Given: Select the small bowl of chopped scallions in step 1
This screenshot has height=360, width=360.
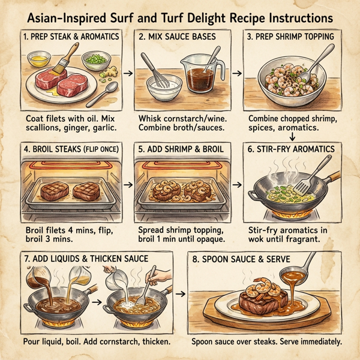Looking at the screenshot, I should [x=94, y=59].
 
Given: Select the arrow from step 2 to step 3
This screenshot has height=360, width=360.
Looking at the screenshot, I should [x=236, y=73].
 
